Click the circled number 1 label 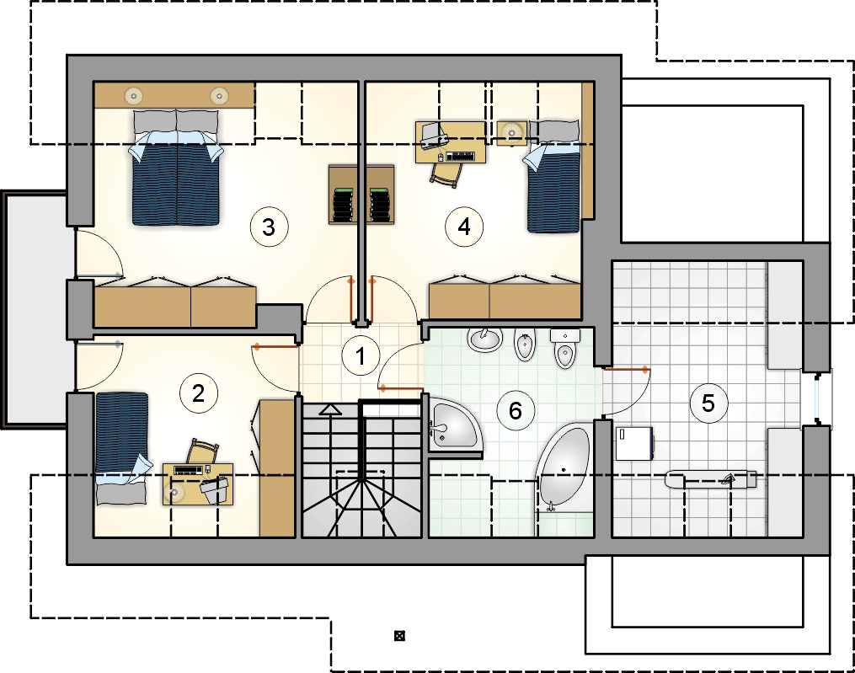tap(361, 356)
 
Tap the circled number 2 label tap(199, 393)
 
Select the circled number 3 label tap(269, 227)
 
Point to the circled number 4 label tap(464, 227)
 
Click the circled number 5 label tap(708, 403)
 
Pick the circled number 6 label tap(516, 411)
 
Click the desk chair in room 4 tap(447, 175)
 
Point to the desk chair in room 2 tap(202, 451)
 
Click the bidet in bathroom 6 tap(525, 345)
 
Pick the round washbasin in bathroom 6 tap(484, 339)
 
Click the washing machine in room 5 tap(634, 444)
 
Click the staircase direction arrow tap(330, 409)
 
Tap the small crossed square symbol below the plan tap(399, 635)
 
